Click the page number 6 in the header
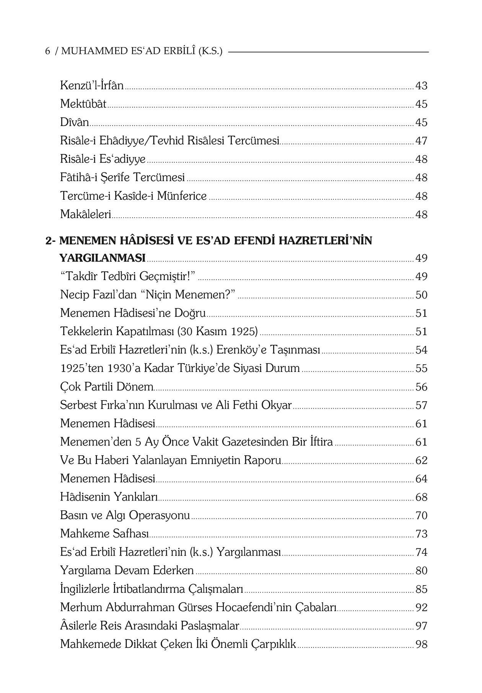click(x=48, y=51)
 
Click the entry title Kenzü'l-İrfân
click(x=92, y=85)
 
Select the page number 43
click(x=421, y=86)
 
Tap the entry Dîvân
click(x=75, y=122)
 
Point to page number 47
click(x=421, y=141)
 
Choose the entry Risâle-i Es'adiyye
click(x=103, y=159)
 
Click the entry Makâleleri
click(x=85, y=214)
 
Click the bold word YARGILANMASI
click(x=103, y=258)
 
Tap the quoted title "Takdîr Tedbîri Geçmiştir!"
click(x=128, y=276)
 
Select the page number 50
click(x=421, y=295)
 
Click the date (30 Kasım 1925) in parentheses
click(x=217, y=331)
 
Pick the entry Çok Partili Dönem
click(x=107, y=387)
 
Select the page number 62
click(x=421, y=460)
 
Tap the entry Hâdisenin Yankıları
click(x=109, y=497)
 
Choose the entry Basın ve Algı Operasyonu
click(x=125, y=515)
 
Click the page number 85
click(x=421, y=589)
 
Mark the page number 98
click(x=421, y=644)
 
